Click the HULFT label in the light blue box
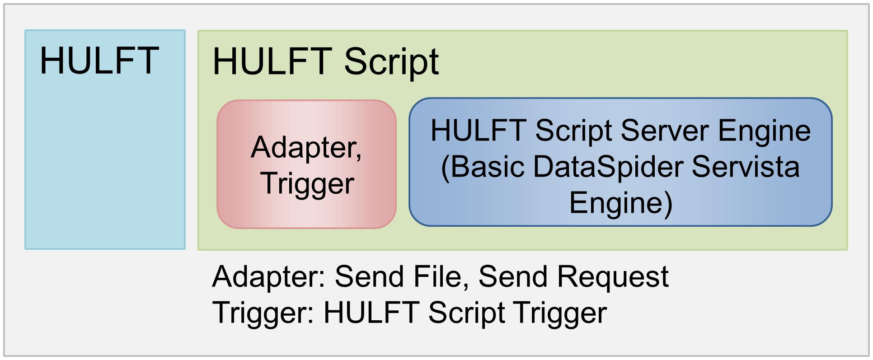pos(99,61)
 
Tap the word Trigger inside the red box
pos(307,184)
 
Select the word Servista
pos(746,167)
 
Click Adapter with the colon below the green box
pos(269,277)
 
